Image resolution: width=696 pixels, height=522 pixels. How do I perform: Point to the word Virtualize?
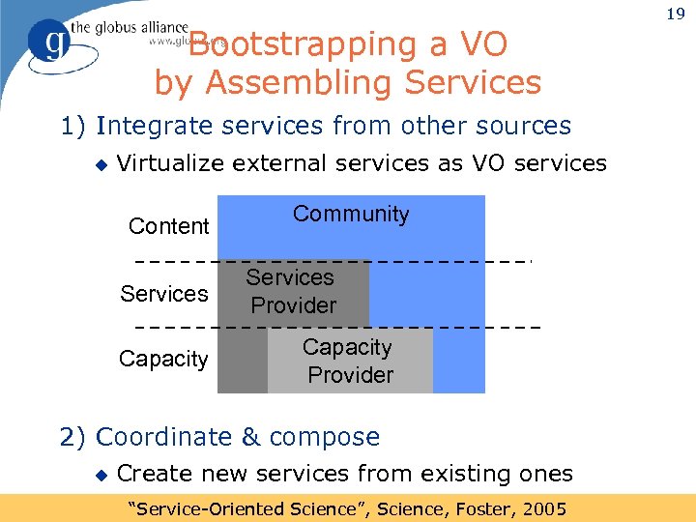pos(170,163)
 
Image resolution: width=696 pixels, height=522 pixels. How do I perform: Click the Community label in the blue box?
pos(351,215)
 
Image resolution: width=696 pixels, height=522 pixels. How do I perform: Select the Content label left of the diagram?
pos(168,226)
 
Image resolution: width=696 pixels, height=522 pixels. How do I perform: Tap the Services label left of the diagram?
pos(163,294)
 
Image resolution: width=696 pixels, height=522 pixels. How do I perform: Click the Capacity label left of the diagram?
pos(163,360)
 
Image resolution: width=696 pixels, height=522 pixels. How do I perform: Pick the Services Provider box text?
pos(291,292)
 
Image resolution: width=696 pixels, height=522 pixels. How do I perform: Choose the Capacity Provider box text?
pos(349,361)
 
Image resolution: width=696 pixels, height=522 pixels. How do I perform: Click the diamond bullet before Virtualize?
pos(101,164)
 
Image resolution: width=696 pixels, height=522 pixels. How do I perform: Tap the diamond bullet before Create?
pos(101,475)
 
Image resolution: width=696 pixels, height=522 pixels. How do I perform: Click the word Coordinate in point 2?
pos(165,438)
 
